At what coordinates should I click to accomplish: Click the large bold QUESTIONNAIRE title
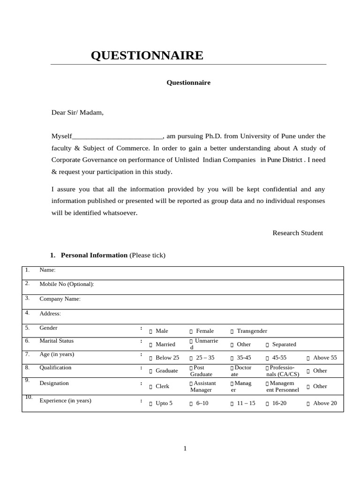[147, 55]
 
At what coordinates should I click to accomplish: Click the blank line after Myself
[117, 136]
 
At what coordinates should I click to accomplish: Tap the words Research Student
[298, 233]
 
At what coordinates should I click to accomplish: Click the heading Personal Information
[94, 255]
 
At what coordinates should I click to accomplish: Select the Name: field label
[47, 270]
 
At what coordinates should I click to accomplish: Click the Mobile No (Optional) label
[67, 284]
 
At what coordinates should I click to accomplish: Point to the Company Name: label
[60, 299]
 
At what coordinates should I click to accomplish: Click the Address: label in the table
[50, 314]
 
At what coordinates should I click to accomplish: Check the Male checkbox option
[151, 331]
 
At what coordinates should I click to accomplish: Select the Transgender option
[232, 331]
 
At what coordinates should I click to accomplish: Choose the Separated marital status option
[268, 345]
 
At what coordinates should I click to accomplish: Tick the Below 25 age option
[151, 358]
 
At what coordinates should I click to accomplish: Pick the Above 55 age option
[308, 358]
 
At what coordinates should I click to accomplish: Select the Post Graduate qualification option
[191, 368]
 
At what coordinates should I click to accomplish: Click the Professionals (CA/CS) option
[268, 368]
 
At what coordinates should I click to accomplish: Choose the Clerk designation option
[151, 387]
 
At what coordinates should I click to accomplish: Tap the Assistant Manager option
[191, 384]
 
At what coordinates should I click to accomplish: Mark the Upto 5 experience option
[151, 404]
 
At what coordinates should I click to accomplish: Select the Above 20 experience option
[308, 404]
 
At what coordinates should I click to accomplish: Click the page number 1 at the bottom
[185, 449]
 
